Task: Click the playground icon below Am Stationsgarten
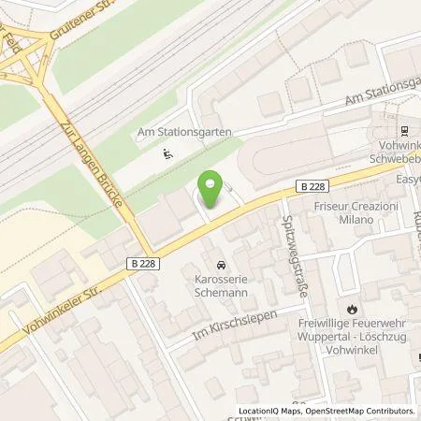pos(167,153)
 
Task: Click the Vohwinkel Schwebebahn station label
pos(393,155)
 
